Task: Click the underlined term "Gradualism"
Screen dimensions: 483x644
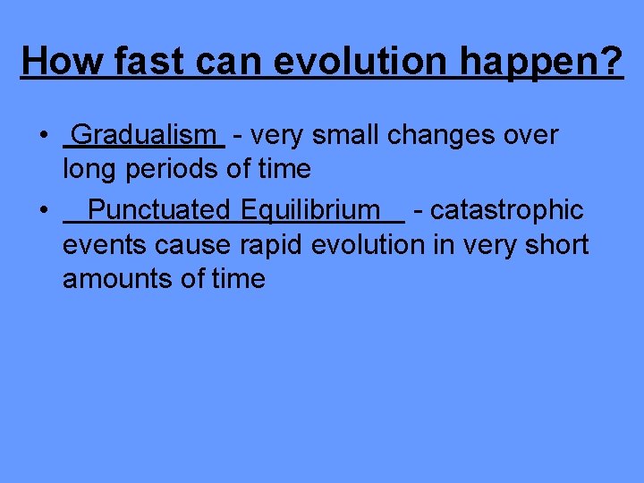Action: click(x=144, y=135)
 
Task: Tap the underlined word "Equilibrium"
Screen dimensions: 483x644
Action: click(x=309, y=210)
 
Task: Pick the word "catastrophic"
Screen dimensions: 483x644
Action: click(x=507, y=210)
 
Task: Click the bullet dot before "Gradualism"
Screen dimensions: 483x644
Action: click(x=43, y=136)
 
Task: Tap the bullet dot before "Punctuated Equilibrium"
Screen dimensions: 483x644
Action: click(x=43, y=211)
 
